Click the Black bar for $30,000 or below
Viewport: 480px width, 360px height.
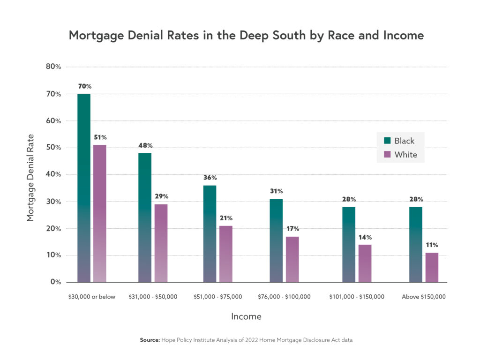[x=84, y=188]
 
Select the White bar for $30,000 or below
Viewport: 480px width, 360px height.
[x=100, y=214]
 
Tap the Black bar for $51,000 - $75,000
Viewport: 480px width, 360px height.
[x=210, y=234]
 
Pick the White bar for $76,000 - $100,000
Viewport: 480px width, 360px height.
[x=292, y=259]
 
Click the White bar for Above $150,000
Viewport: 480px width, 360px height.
[x=432, y=267]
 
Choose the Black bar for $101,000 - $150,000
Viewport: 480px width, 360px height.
[x=349, y=245]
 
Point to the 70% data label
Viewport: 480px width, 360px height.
[x=85, y=87]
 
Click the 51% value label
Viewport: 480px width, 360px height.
[x=100, y=137]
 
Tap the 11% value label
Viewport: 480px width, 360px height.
[x=432, y=245]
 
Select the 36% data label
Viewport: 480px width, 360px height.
[x=210, y=178]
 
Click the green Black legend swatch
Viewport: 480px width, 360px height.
[x=387, y=141]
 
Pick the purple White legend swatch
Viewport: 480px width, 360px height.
[x=387, y=154]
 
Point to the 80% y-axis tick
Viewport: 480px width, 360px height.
[x=53, y=67]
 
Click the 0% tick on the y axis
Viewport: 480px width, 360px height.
[x=56, y=282]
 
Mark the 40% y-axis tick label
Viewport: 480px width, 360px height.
[x=53, y=174]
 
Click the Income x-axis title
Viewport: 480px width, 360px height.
[x=246, y=317]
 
